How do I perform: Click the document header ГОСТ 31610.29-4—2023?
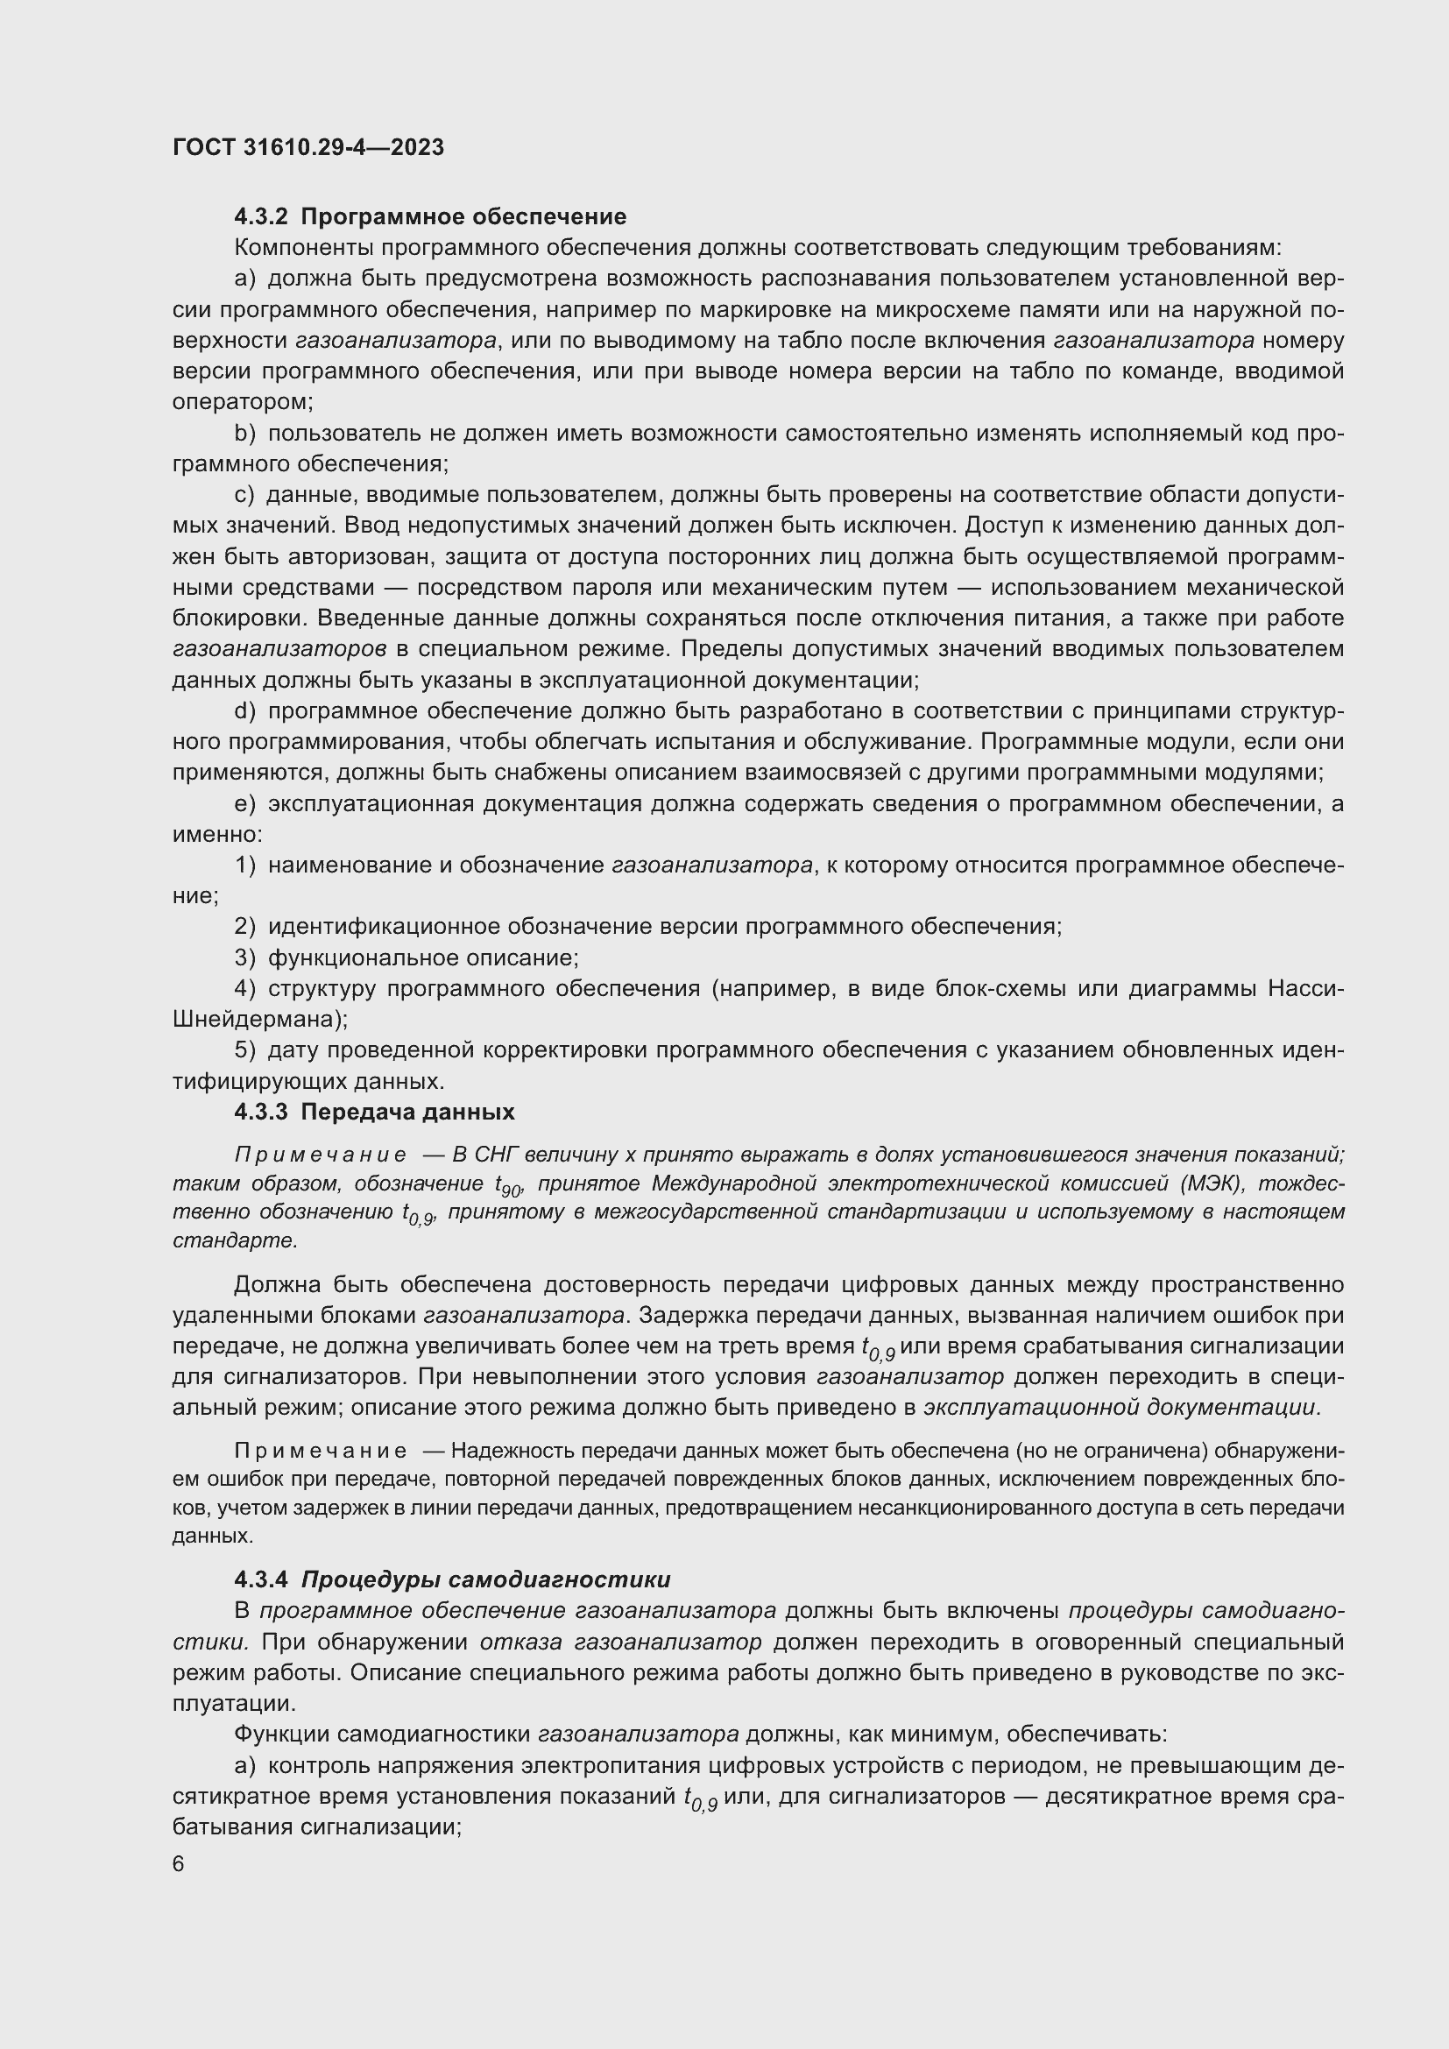point(307,147)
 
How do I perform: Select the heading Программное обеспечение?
point(463,217)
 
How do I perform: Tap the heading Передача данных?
point(406,1112)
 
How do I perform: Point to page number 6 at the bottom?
point(179,1864)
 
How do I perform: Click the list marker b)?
point(245,434)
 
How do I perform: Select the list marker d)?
point(245,711)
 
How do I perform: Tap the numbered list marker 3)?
point(245,957)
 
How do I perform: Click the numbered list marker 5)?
point(245,1050)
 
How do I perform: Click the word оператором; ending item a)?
point(243,401)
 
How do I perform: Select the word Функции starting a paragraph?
point(282,1733)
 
